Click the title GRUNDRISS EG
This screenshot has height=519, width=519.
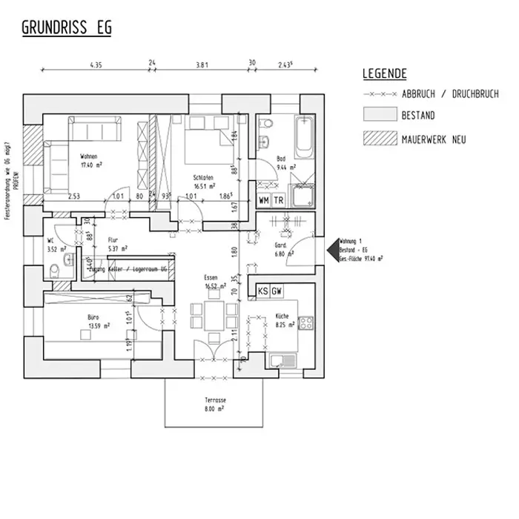click(x=66, y=28)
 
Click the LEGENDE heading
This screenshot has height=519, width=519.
click(x=384, y=74)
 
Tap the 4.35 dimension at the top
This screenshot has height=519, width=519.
click(x=96, y=65)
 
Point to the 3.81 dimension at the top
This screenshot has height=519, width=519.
click(x=201, y=65)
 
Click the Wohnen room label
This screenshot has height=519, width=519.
click(x=90, y=156)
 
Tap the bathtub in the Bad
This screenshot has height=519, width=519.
click(x=305, y=138)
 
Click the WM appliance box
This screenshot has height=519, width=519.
click(x=264, y=201)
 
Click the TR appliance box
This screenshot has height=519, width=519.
click(x=279, y=201)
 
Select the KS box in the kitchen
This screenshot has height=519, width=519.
click(x=263, y=291)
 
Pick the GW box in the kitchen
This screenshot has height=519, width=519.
click(x=277, y=291)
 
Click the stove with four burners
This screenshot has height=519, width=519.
click(x=305, y=323)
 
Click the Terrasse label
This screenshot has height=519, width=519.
click(x=215, y=400)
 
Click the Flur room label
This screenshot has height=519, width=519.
click(x=113, y=240)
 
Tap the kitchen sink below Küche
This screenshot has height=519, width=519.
click(x=283, y=361)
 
